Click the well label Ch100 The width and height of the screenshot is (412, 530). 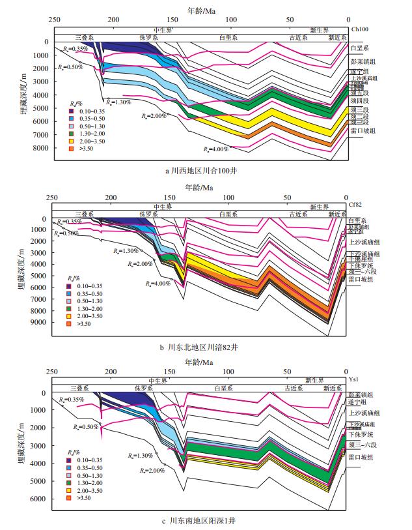point(359,30)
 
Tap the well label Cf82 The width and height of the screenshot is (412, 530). point(355,204)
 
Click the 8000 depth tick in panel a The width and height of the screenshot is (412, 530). point(40,149)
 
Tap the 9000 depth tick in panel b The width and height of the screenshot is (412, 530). point(40,321)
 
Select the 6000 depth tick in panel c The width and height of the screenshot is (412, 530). point(40,499)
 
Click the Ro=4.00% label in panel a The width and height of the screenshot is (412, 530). point(215,149)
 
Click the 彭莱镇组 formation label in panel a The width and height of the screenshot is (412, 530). point(363,61)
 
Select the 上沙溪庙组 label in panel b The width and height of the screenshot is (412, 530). point(364,241)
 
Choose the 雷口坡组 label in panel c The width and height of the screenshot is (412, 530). point(361,458)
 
